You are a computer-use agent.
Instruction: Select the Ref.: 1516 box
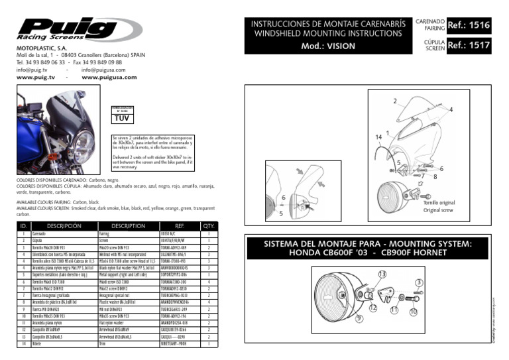click(x=470, y=26)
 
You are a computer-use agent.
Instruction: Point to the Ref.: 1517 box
click(x=470, y=46)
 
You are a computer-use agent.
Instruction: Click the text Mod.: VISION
click(x=328, y=46)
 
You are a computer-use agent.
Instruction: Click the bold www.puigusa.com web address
click(x=109, y=77)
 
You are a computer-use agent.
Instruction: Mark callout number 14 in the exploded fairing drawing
click(x=378, y=137)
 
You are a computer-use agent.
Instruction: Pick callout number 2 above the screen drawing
click(x=395, y=101)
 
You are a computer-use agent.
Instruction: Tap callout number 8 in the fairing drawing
click(x=435, y=177)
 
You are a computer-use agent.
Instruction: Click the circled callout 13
click(x=382, y=274)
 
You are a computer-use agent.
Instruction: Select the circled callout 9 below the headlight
click(x=360, y=319)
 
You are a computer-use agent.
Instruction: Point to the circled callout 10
click(x=414, y=312)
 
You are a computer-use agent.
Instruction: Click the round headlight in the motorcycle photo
click(x=84, y=142)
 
